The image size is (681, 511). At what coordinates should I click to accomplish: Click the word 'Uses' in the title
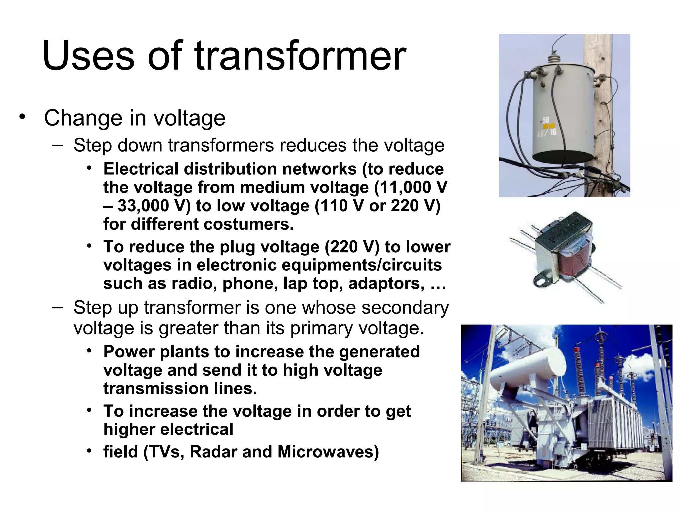coord(88,56)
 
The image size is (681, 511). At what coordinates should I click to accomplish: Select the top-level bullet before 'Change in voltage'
coord(22,117)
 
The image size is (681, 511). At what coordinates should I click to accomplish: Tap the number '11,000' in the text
coord(403,187)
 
